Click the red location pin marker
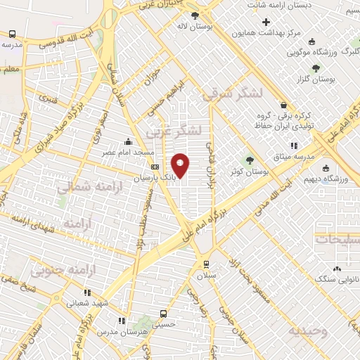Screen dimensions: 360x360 pyautogui.click(x=181, y=166)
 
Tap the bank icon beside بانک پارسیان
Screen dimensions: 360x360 pyautogui.click(x=155, y=167)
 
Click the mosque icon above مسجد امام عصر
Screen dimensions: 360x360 pyautogui.click(x=127, y=141)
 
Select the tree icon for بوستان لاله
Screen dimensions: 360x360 pyautogui.click(x=195, y=15)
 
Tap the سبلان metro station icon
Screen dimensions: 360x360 pyautogui.click(x=205, y=264)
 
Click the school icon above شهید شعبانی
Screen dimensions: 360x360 pyautogui.click(x=87, y=292)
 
